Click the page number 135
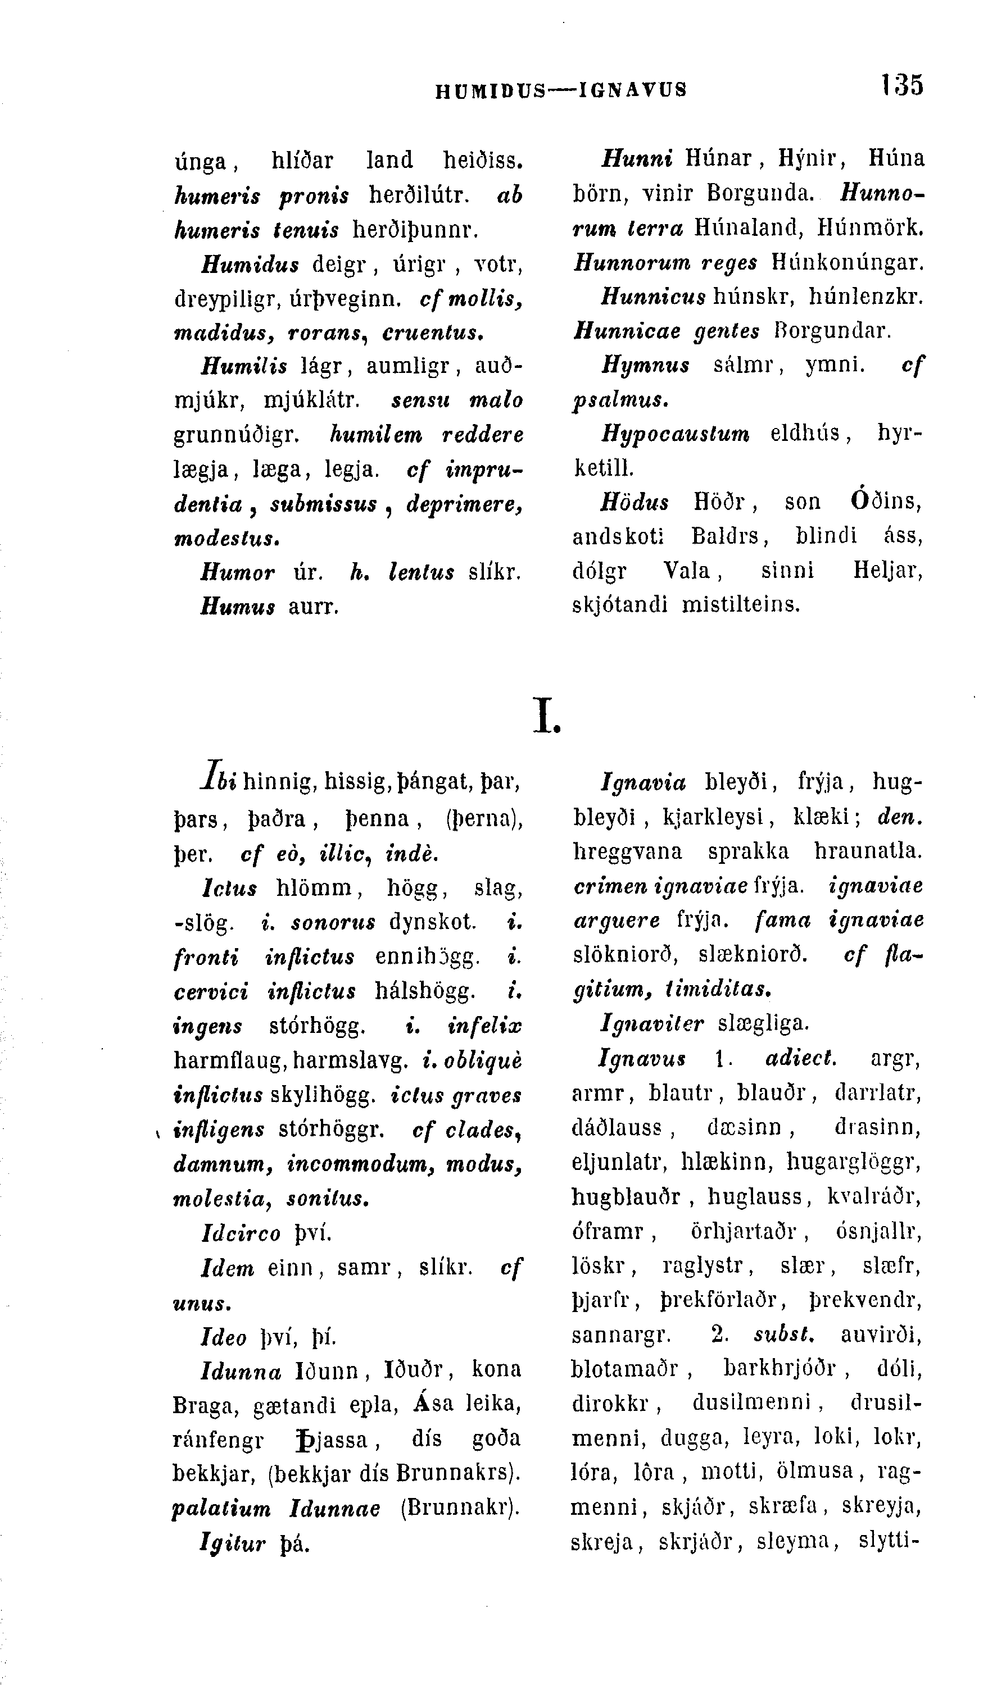tap(902, 86)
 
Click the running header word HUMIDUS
tap(490, 89)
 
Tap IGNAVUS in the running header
tap(632, 89)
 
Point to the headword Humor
tap(237, 572)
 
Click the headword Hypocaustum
tap(675, 433)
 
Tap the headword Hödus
tap(635, 502)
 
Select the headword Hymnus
tap(645, 365)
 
